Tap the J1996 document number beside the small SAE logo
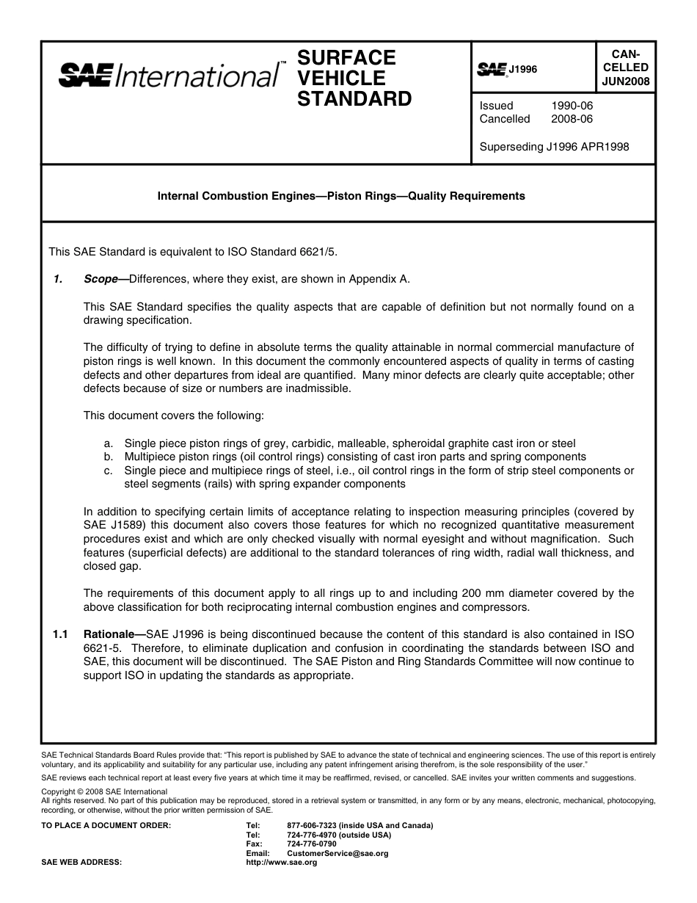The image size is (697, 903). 523,69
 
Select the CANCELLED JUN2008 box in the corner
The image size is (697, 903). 625,68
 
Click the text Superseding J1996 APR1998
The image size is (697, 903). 554,146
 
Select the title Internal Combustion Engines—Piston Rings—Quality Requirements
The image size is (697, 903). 342,196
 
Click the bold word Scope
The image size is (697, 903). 101,279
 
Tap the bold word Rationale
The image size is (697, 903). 112,634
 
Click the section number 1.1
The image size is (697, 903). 61,634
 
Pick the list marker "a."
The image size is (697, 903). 109,443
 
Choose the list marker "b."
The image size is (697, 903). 109,457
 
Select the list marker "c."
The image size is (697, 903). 109,471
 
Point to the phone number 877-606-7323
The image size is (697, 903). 313,825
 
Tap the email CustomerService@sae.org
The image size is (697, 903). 337,854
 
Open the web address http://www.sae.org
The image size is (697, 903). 282,863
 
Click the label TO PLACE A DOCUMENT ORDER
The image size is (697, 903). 106,825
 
